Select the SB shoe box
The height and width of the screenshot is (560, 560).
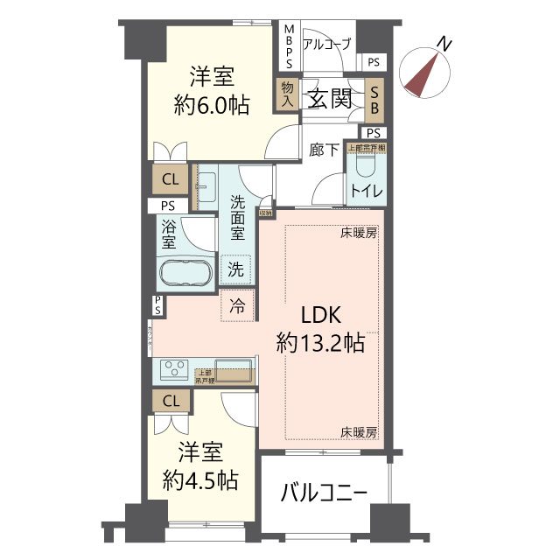pos(374,98)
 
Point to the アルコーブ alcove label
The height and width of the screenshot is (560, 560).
pos(326,44)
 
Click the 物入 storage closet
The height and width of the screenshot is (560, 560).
pos(286,93)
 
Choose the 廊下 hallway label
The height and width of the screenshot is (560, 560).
pos(324,150)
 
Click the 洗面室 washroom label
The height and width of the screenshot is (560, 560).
pos(237,218)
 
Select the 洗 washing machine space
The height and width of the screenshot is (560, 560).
pos(236,269)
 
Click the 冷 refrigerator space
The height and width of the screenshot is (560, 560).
pos(237,306)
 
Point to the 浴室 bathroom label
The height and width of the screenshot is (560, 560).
pos(170,234)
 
